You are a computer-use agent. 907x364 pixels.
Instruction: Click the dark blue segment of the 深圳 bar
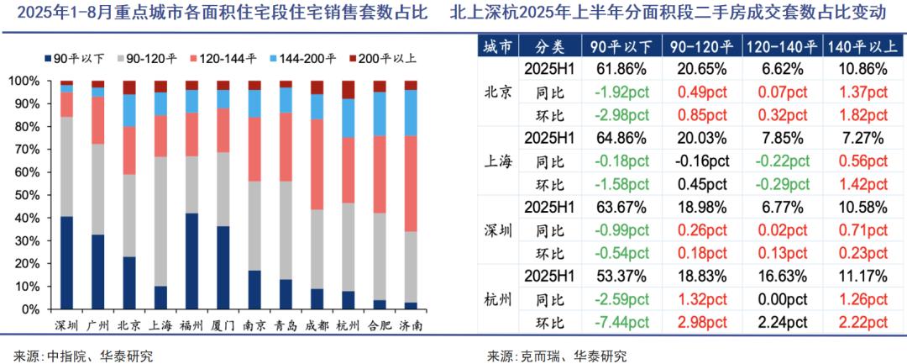click(x=66, y=262)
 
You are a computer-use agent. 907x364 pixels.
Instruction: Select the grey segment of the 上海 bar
click(x=160, y=221)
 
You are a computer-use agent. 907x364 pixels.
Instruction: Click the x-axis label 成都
click(x=317, y=324)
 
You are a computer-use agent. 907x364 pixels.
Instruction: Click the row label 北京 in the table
click(x=498, y=92)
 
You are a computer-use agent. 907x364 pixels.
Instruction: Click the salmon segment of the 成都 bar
click(x=317, y=164)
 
